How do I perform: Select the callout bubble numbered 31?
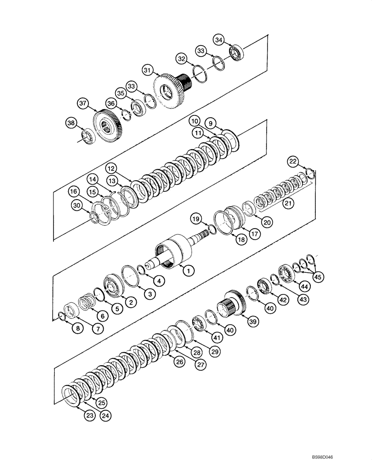[147, 70]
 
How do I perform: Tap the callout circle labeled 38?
[70, 123]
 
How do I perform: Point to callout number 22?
[293, 161]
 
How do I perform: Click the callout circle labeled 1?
[187, 271]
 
